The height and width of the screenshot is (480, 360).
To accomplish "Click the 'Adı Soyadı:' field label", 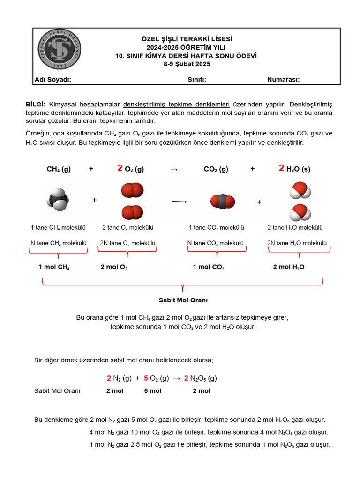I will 53,80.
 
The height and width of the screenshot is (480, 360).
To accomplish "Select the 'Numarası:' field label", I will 283,80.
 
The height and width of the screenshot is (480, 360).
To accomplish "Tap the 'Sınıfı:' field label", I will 197,80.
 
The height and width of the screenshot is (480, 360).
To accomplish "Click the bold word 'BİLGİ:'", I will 36,105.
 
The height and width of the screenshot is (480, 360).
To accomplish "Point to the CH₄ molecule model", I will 58,199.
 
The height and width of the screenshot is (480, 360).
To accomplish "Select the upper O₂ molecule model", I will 132,190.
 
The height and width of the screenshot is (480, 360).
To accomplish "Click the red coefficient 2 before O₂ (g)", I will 120,169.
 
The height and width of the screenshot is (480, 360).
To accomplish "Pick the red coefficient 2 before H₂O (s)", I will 281,169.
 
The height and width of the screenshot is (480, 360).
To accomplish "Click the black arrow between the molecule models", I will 179,202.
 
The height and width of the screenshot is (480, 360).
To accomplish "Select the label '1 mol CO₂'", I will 209,267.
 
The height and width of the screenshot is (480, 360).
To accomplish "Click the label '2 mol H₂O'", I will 289,267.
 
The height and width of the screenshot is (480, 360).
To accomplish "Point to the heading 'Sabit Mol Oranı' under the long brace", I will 183,300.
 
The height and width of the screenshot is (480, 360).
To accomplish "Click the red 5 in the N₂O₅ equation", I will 146,378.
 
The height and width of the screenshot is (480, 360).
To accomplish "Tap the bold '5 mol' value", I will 153,391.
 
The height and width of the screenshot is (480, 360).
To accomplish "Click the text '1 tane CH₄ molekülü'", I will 58,228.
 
